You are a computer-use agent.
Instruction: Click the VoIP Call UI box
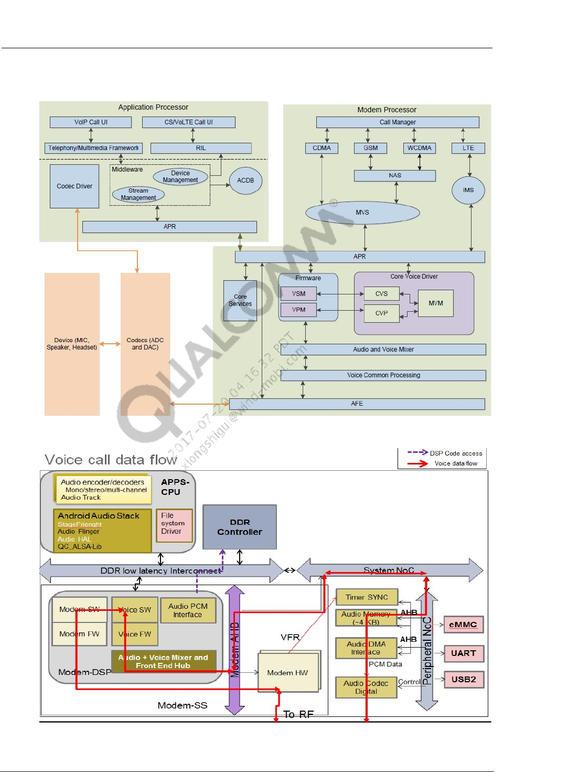[91, 122]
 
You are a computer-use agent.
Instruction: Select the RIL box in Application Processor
[201, 148]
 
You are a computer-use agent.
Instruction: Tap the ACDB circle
[245, 180]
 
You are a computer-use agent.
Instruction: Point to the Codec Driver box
[74, 186]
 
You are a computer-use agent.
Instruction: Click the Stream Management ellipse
[138, 194]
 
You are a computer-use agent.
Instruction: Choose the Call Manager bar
[398, 122]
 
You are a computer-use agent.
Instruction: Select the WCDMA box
[420, 148]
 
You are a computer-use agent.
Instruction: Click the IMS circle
[468, 190]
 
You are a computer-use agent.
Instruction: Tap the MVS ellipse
[362, 213]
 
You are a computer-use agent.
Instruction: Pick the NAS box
[395, 175]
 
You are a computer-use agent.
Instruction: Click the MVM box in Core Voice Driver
[436, 303]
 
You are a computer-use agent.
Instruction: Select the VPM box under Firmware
[298, 310]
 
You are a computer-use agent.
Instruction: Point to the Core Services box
[240, 300]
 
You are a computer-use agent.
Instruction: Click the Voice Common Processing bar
[383, 375]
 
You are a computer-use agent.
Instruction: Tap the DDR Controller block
[240, 527]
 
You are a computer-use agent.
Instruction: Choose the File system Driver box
[174, 525]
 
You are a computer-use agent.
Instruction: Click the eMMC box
[463, 625]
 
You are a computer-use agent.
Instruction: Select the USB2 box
[464, 679]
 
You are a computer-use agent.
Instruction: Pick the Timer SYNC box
[367, 597]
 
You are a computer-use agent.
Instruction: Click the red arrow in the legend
[418, 463]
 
